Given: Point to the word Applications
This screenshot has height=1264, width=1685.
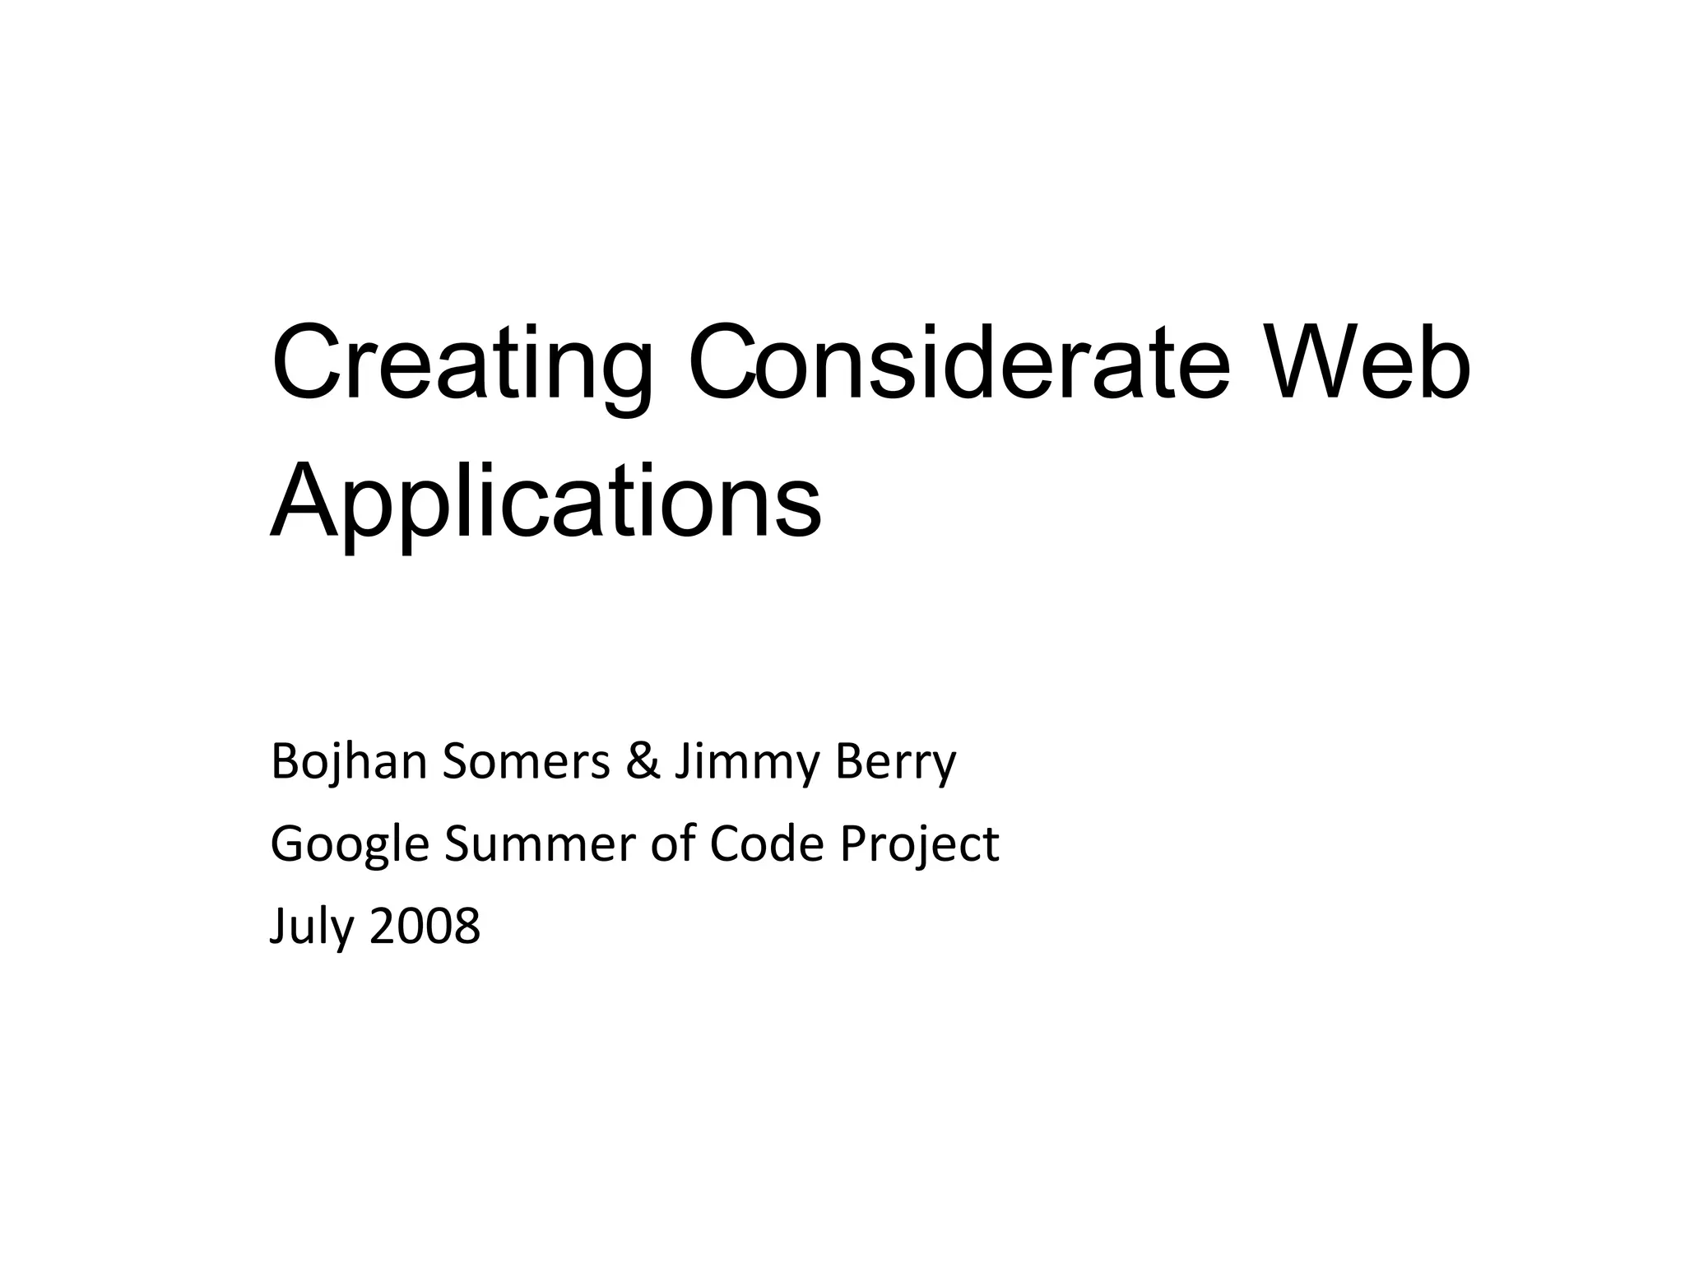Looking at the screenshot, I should tap(545, 502).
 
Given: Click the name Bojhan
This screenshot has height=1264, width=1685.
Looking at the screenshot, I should tap(348, 762).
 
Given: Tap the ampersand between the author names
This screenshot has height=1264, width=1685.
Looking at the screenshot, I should tap(643, 762).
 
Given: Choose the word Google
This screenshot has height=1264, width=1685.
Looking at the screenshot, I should tap(350, 845).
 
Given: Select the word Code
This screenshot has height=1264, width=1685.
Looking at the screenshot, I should tap(766, 844).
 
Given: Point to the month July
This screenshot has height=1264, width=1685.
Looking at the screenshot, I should tap(312, 927).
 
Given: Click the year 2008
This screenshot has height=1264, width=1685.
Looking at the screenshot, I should tap(425, 926).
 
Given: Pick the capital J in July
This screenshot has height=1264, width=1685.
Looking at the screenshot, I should tap(278, 926).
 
